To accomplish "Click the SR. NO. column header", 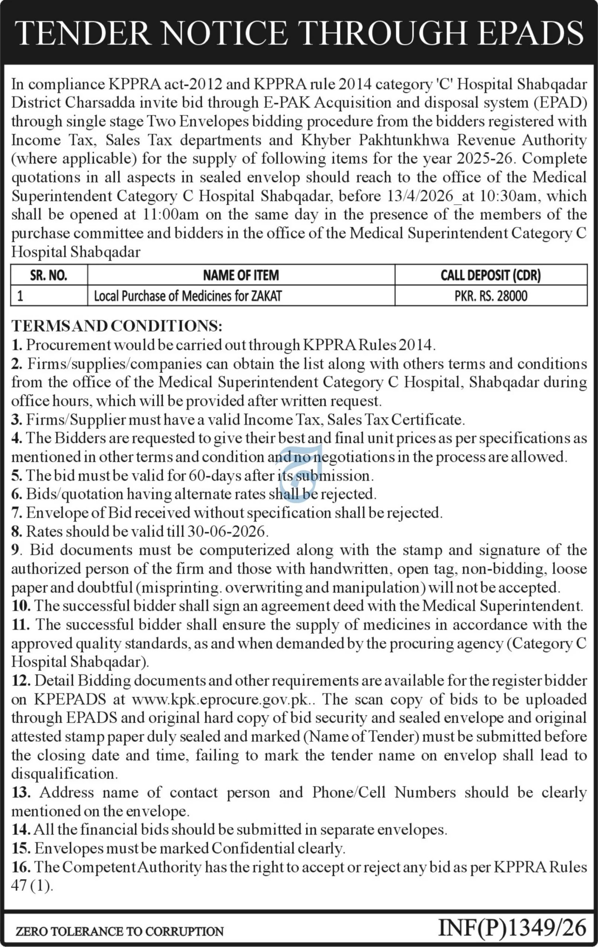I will click(x=48, y=275).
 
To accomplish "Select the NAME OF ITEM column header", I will click(x=241, y=275).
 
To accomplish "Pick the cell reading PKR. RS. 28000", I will click(x=491, y=296).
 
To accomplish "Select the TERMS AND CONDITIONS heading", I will click(x=117, y=326).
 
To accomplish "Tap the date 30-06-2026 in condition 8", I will click(x=227, y=532).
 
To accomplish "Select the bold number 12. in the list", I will click(x=21, y=681).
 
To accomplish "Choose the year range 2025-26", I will click(x=485, y=158).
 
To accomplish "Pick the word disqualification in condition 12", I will click(x=64, y=774).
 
